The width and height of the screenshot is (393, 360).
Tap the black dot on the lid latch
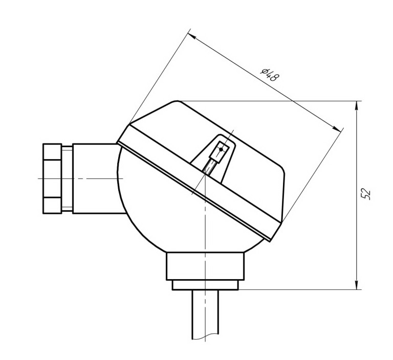coord(221,149)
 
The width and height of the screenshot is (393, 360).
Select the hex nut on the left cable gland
coord(52,178)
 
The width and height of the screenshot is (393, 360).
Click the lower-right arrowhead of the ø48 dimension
coord(337,128)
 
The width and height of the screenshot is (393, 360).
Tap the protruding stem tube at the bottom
coord(205,314)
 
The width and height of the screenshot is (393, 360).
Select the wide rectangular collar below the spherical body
coord(205,266)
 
